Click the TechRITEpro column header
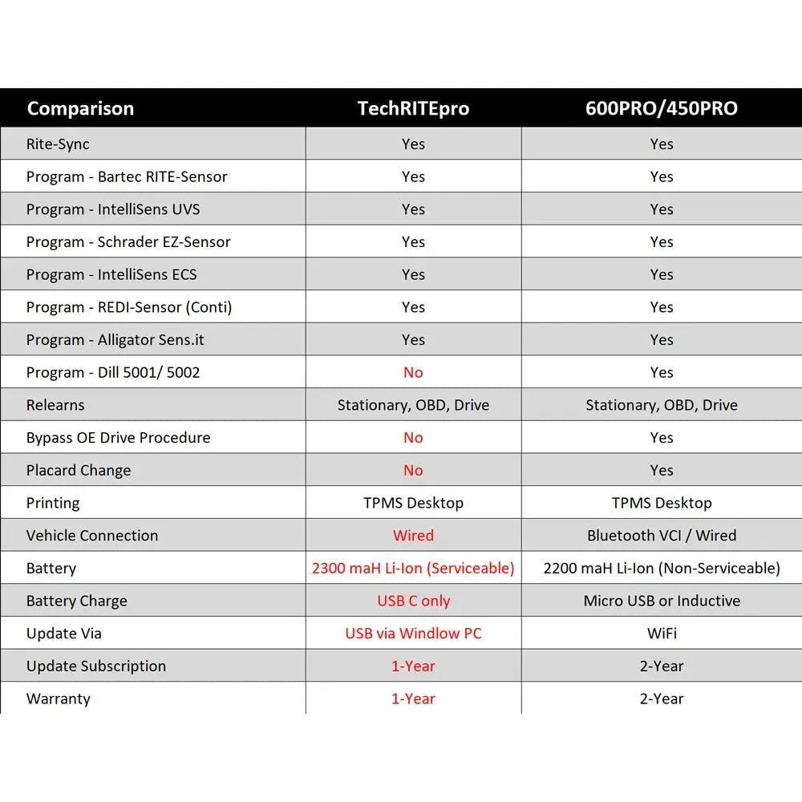click(413, 108)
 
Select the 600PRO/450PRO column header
click(662, 108)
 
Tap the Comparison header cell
click(80, 108)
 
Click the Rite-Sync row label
click(58, 144)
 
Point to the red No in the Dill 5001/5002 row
click(413, 372)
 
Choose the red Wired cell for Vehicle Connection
click(413, 536)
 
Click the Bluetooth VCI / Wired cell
click(662, 536)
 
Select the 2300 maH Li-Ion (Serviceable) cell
click(413, 569)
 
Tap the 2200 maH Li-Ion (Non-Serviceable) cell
click(662, 569)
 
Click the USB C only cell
click(413, 601)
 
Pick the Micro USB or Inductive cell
click(662, 601)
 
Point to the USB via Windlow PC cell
click(413, 634)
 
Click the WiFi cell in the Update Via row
click(662, 634)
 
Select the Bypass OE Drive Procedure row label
click(118, 438)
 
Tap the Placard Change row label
click(79, 471)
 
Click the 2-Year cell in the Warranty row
click(662, 699)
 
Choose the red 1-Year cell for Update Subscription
click(413, 666)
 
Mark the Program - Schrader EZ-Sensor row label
click(128, 242)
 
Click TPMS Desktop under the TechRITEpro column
click(413, 503)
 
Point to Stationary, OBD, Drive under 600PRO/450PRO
click(662, 405)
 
